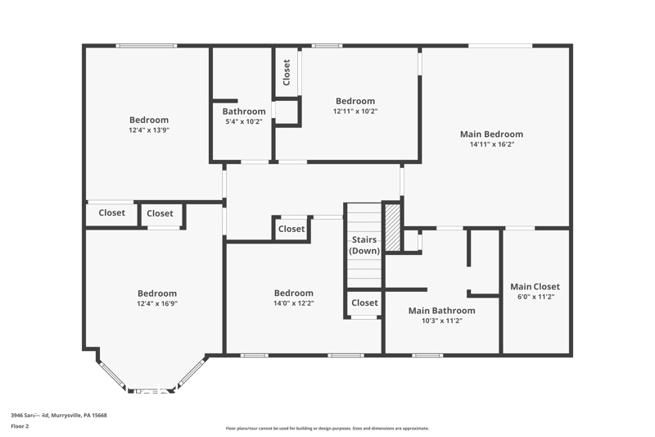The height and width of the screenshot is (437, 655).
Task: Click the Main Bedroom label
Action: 490,134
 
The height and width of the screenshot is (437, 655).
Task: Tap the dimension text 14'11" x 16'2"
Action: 491,144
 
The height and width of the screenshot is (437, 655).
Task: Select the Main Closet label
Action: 535,287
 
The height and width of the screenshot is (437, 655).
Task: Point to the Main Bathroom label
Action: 441,311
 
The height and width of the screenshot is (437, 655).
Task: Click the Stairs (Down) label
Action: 364,245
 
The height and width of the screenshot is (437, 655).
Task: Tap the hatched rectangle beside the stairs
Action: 393,228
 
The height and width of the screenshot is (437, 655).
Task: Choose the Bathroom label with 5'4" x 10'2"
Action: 243,112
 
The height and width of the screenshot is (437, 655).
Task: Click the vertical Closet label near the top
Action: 287,72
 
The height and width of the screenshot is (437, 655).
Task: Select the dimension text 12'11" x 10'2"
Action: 355,112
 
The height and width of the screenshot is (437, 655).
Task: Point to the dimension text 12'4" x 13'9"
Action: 148,130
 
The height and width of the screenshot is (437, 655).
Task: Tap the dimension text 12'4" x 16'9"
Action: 156,303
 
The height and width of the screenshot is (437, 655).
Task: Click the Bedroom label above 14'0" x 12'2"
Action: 293,294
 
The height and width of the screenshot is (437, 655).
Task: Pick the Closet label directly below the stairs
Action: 364,303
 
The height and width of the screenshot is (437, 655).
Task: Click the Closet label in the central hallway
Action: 291,230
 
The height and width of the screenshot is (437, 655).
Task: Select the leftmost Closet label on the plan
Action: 112,213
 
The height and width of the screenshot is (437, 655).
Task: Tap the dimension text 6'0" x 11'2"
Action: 535,297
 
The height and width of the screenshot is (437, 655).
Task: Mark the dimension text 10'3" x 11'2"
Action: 441,321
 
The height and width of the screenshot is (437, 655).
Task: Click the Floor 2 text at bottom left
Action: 20,426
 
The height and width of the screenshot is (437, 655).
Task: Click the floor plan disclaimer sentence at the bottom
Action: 327,428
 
